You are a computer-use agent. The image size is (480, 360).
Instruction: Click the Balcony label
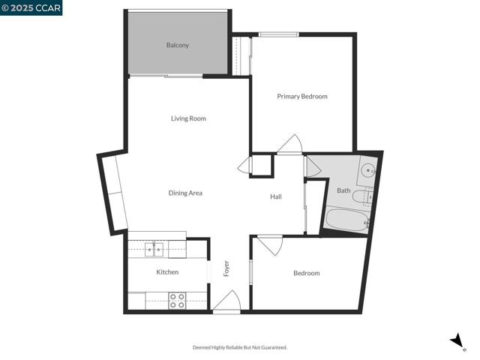point(178,45)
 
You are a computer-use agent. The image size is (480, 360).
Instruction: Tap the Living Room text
point(188,118)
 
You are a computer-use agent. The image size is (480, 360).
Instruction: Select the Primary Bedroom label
point(302,96)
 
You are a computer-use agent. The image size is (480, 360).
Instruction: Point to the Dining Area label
point(185,193)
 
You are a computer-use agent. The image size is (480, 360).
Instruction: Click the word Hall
point(276,196)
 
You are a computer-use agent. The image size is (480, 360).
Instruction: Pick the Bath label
point(343,190)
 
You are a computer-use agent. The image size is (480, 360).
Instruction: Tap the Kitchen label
point(167,271)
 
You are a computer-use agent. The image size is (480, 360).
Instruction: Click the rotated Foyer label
point(226,268)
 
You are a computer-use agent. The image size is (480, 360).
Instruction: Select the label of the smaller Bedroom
point(306,273)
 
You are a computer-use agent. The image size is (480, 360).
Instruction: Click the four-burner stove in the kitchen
point(177,301)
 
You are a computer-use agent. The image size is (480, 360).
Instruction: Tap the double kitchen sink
point(154,247)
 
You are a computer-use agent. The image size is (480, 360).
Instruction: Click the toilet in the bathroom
point(367,197)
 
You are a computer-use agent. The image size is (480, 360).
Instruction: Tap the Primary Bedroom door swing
point(289,145)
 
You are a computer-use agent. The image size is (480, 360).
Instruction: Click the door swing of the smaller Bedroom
point(269,244)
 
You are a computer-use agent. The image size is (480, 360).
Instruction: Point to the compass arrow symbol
point(457,341)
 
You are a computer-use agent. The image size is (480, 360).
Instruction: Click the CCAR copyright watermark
point(31,7)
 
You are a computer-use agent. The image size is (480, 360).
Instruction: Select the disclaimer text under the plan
point(240,347)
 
